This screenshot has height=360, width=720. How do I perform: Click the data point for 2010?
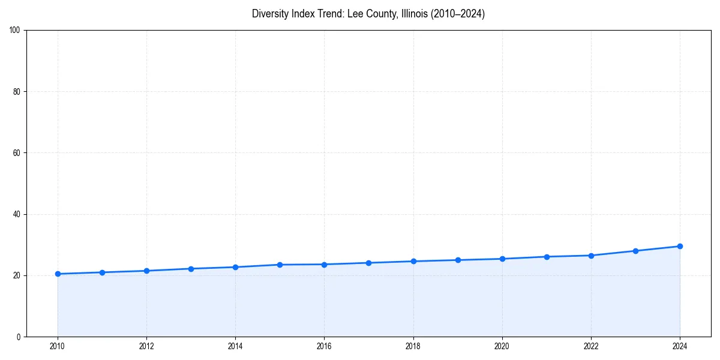coord(58,274)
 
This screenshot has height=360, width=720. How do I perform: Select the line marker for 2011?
coord(102,272)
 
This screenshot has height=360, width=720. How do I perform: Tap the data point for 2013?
coord(191,269)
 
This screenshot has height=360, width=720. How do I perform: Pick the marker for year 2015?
coord(280,265)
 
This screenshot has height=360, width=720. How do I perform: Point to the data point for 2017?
coord(368,263)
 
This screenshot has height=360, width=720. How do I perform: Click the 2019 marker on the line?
coord(458,260)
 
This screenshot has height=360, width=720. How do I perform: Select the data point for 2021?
coord(547,257)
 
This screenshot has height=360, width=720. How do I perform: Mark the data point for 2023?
coord(635,251)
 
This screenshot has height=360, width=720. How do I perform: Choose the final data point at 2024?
coord(680,246)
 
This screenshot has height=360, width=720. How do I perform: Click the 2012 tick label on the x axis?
coord(146,346)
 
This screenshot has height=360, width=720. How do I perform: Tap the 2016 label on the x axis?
coord(324,346)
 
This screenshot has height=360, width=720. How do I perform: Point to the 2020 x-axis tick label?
coord(502,346)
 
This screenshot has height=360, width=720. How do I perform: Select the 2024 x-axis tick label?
coord(680,346)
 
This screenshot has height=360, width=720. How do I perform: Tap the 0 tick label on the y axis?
coord(19,337)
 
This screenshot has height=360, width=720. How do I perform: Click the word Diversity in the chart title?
coord(269,14)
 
